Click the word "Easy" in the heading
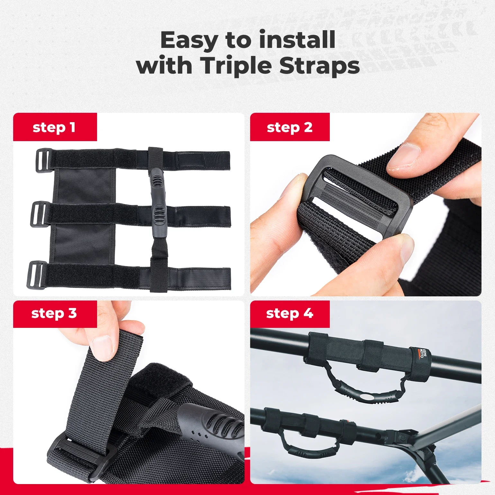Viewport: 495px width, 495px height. tap(189, 40)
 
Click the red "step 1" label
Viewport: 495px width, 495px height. tap(55, 127)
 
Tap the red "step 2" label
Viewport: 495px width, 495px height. tap(290, 127)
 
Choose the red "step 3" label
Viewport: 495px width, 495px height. tap(55, 313)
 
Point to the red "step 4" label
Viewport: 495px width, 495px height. tap(290, 313)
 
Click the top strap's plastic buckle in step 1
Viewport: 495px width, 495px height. tap(43, 160)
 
